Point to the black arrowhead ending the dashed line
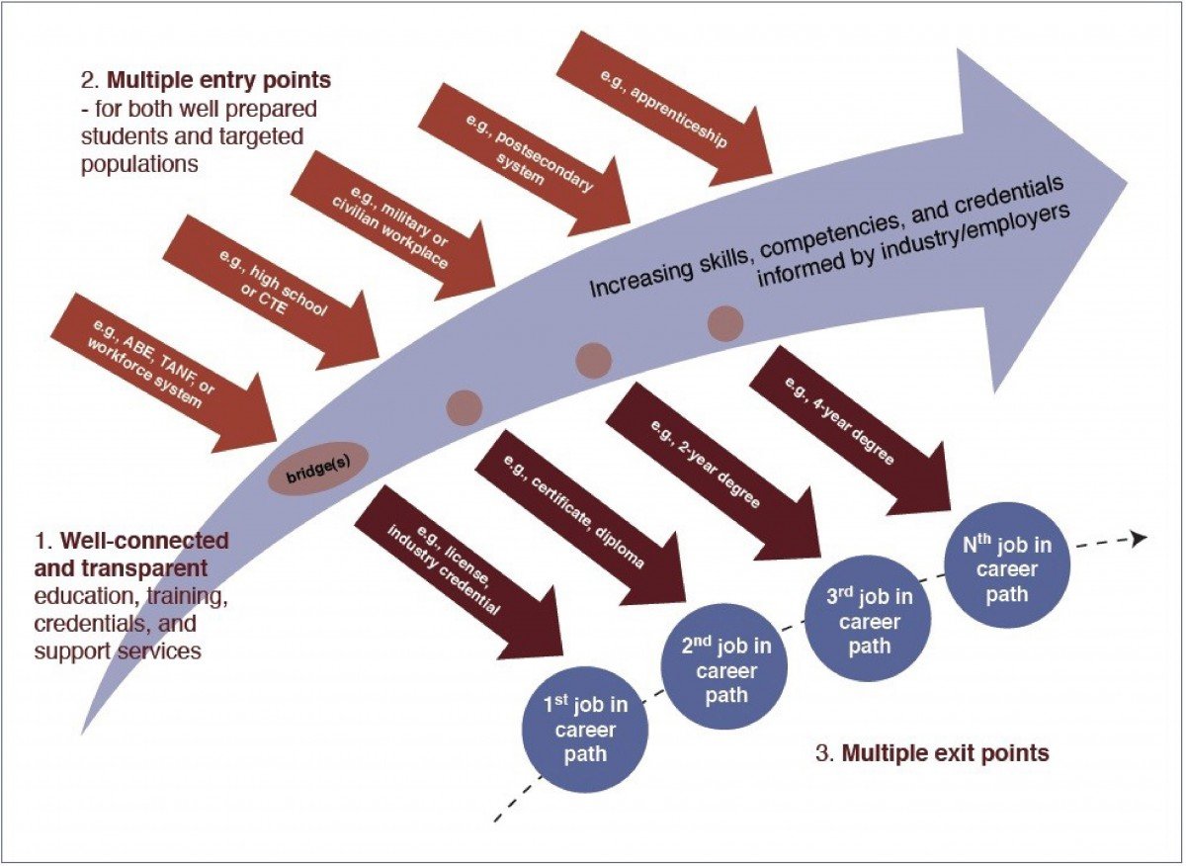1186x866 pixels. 1140,539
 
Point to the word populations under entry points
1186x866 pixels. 139,163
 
